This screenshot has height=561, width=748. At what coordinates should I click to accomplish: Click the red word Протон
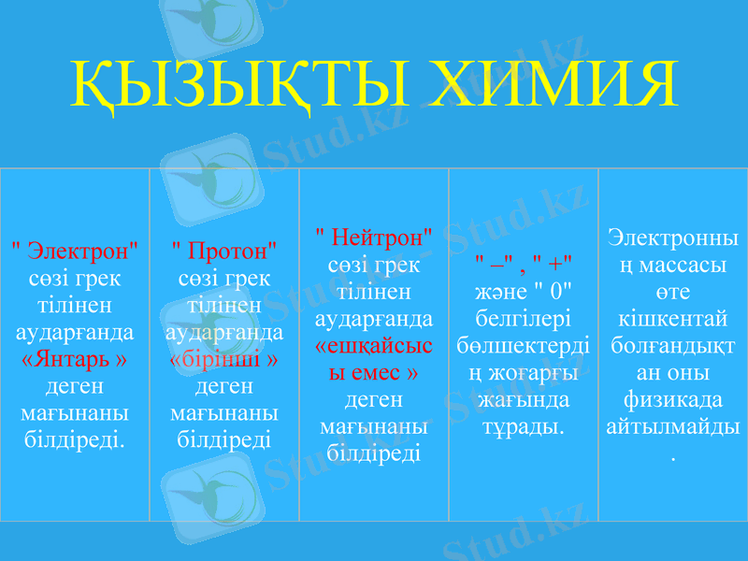225,252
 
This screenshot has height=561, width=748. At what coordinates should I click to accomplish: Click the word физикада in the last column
673,399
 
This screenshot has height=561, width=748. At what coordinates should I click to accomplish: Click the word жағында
524,400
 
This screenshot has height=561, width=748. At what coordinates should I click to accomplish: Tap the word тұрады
524,426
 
